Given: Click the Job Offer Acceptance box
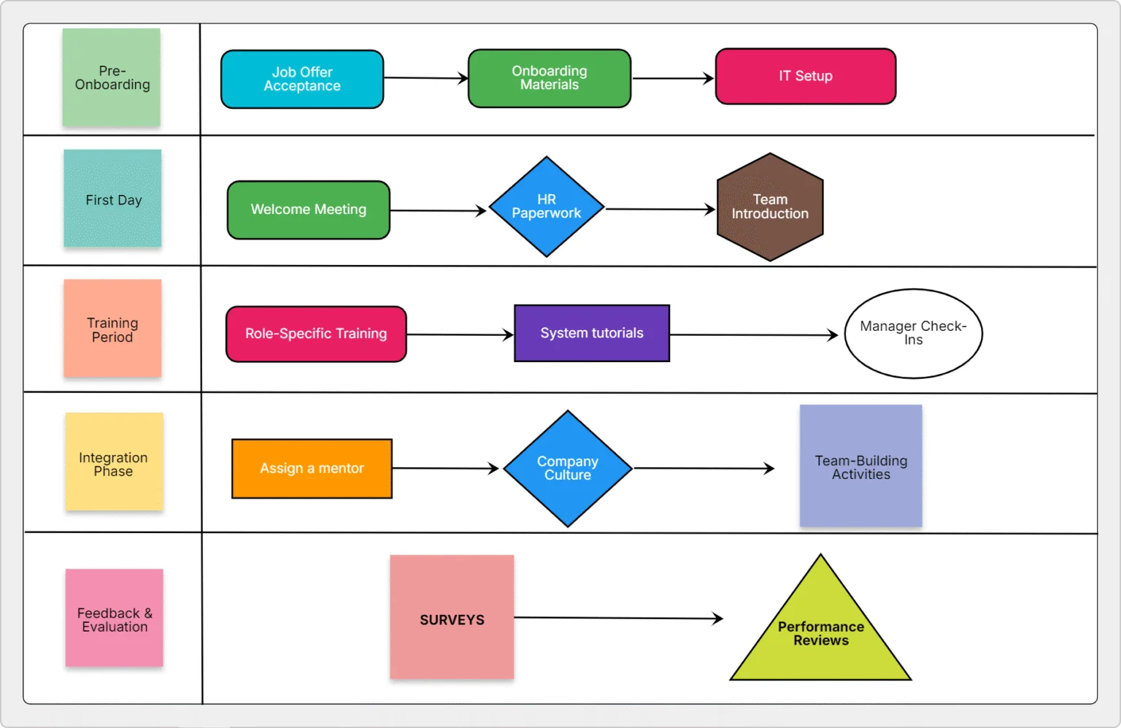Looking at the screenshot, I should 302,79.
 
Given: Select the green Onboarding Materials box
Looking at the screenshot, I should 550,78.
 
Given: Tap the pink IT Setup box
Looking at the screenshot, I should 805,76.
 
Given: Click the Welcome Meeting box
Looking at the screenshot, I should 308,210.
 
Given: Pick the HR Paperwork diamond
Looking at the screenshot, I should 546,207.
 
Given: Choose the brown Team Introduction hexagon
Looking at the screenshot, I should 770,207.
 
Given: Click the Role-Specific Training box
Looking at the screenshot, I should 316,334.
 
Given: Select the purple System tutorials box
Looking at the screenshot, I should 592,333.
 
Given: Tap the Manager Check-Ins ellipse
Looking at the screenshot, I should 913,333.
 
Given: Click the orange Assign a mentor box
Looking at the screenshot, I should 312,468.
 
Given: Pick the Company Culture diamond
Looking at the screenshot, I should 567,468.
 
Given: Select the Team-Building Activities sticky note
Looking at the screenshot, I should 860,466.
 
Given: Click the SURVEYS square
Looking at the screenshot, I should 452,617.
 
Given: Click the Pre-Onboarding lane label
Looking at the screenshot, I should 112,77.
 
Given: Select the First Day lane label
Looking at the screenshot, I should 112,199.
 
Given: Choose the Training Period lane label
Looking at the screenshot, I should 112,329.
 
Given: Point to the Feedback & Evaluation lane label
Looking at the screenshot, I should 115,618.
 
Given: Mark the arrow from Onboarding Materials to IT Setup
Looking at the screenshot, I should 672,78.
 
